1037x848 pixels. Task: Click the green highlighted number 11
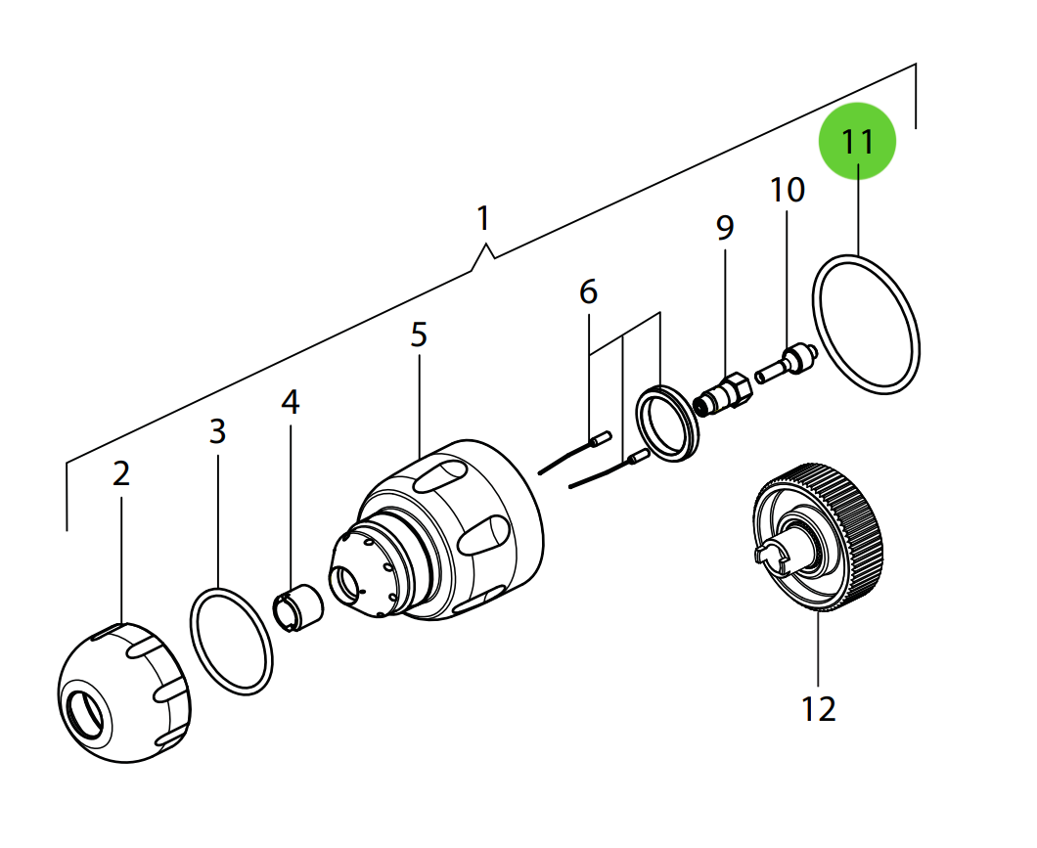[857, 141]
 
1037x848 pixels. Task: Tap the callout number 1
[482, 218]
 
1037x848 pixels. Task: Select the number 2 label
[120, 474]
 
